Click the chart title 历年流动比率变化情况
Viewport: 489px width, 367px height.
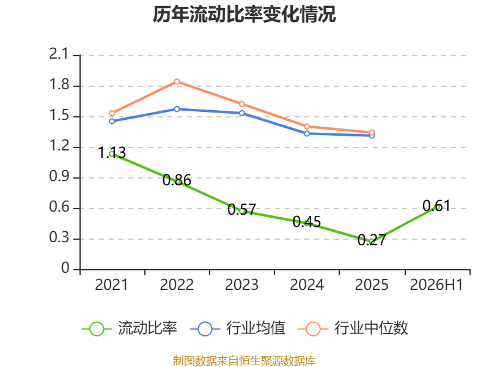[244, 14]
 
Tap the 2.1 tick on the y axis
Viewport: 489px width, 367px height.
[58, 54]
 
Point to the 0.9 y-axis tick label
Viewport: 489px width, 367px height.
[59, 176]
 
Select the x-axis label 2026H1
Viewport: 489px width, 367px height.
[436, 284]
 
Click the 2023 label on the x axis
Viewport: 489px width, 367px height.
[241, 284]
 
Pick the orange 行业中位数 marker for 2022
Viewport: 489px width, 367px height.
[177, 81]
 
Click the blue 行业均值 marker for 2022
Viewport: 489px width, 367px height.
[177, 109]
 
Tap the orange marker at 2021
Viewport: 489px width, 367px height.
[112, 113]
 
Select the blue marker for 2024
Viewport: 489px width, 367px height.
[307, 133]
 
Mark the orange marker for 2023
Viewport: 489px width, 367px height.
[242, 104]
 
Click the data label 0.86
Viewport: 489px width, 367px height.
[177, 180]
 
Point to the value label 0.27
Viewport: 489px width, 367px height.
[372, 240]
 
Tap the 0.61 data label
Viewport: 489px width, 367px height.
[436, 206]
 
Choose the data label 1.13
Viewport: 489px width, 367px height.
[112, 152]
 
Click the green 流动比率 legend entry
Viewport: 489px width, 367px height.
[130, 328]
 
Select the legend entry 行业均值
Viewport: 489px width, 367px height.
[238, 328]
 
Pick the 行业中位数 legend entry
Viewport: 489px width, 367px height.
[353, 328]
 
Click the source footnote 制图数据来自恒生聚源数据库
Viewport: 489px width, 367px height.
[244, 360]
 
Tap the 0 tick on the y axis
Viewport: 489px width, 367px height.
[65, 268]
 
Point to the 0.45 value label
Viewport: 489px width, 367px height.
[307, 222]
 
